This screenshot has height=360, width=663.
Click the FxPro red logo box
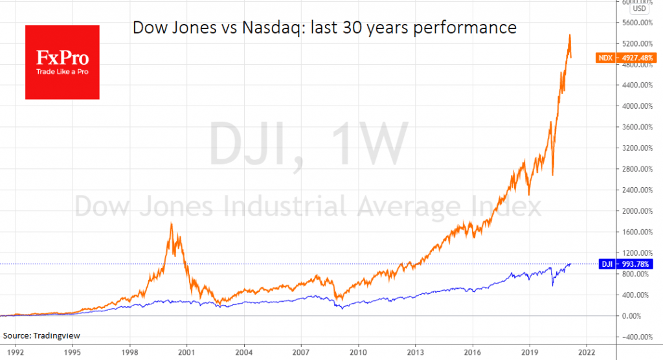[x=62, y=62]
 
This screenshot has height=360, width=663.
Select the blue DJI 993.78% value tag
[x=622, y=264]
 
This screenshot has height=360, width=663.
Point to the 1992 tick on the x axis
[x=15, y=354]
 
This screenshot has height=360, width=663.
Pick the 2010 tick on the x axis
[x=358, y=354]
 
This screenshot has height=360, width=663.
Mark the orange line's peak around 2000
[x=171, y=223]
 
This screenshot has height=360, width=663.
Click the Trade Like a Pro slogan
[x=62, y=71]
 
